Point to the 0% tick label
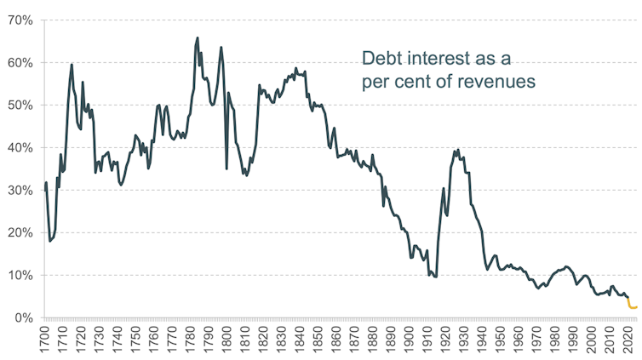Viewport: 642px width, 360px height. (x=20, y=317)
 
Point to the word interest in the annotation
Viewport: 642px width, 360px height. (x=444, y=59)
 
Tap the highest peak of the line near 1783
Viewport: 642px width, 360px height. (x=198, y=37)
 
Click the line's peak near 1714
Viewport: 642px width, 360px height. (x=72, y=65)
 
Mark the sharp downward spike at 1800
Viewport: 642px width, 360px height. (x=226, y=168)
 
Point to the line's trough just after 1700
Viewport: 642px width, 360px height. (x=49, y=241)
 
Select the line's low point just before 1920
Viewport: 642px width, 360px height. (x=436, y=277)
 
